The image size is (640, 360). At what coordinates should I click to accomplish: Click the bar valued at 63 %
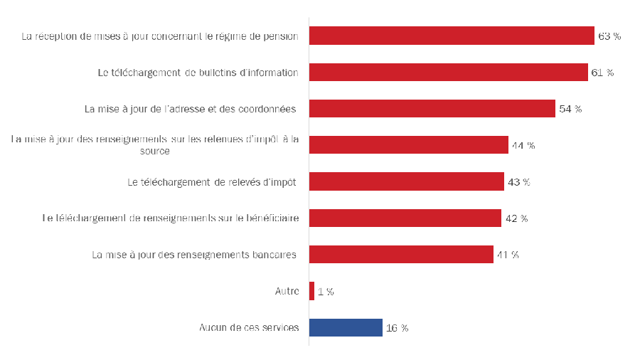(452, 36)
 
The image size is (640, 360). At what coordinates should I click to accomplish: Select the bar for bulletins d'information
(449, 73)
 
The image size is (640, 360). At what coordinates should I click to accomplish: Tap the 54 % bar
(432, 109)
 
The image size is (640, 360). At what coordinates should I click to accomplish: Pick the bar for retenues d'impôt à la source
(409, 145)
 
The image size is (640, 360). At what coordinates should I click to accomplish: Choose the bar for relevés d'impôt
(407, 181)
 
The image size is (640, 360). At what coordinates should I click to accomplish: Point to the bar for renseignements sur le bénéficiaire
(405, 218)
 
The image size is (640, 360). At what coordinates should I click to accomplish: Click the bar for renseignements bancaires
(401, 255)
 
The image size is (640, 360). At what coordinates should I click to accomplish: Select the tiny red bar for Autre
(311, 291)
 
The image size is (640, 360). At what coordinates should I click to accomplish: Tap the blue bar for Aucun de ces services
(346, 327)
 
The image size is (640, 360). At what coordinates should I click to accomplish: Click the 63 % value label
(609, 36)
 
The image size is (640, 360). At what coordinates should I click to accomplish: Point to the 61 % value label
(602, 73)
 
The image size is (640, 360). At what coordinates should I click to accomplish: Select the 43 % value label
(518, 181)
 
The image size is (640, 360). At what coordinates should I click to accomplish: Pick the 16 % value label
(397, 328)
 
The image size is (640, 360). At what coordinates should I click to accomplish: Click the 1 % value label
(326, 292)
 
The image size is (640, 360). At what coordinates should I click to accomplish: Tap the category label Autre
(287, 291)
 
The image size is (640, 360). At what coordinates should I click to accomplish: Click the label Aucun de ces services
(248, 328)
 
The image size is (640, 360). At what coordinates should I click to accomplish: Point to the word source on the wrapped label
(154, 151)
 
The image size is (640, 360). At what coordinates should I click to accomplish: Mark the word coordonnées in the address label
(266, 109)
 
